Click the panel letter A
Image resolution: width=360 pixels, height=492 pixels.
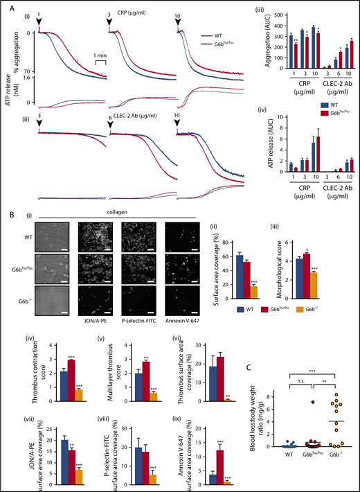pos(6,6)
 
